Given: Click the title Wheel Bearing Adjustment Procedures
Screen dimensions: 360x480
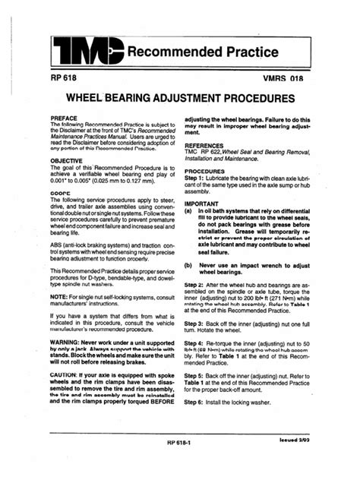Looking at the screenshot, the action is click(x=180, y=99).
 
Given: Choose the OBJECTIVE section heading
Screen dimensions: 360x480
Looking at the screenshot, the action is click(x=67, y=161).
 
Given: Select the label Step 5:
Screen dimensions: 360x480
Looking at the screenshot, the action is click(x=197, y=375).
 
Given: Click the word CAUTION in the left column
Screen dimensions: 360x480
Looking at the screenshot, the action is click(x=67, y=396).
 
